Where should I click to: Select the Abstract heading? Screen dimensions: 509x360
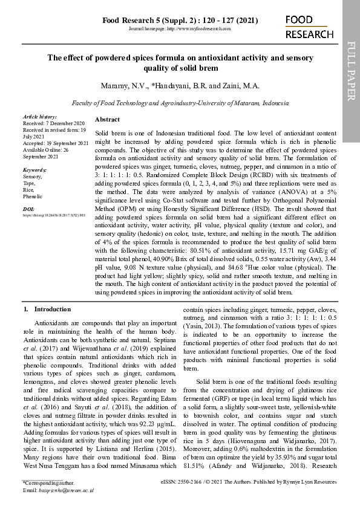[107, 120]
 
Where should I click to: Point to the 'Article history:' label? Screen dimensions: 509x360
[39, 116]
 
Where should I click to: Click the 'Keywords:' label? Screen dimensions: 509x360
[34, 170]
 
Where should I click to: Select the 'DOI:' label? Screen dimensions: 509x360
[28, 209]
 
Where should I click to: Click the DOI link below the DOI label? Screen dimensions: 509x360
[54, 215]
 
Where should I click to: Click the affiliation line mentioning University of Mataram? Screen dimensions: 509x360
[180, 103]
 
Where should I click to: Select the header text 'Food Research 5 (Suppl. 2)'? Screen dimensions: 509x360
[151, 20]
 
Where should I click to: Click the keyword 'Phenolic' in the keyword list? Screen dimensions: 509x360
[33, 196]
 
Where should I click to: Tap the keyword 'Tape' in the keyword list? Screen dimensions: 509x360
[28, 183]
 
